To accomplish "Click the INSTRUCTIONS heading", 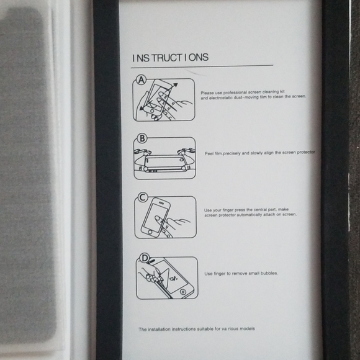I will click(x=170, y=58).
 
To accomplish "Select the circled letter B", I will click(x=142, y=138).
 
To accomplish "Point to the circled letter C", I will click(x=142, y=197).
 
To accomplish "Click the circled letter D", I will click(x=144, y=258).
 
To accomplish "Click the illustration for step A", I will click(x=164, y=100).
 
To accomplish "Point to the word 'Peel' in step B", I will click(x=210, y=153).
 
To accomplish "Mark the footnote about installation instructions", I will click(x=196, y=329).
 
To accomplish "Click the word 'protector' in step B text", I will click(x=304, y=152).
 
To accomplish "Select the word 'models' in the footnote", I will click(x=246, y=329).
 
